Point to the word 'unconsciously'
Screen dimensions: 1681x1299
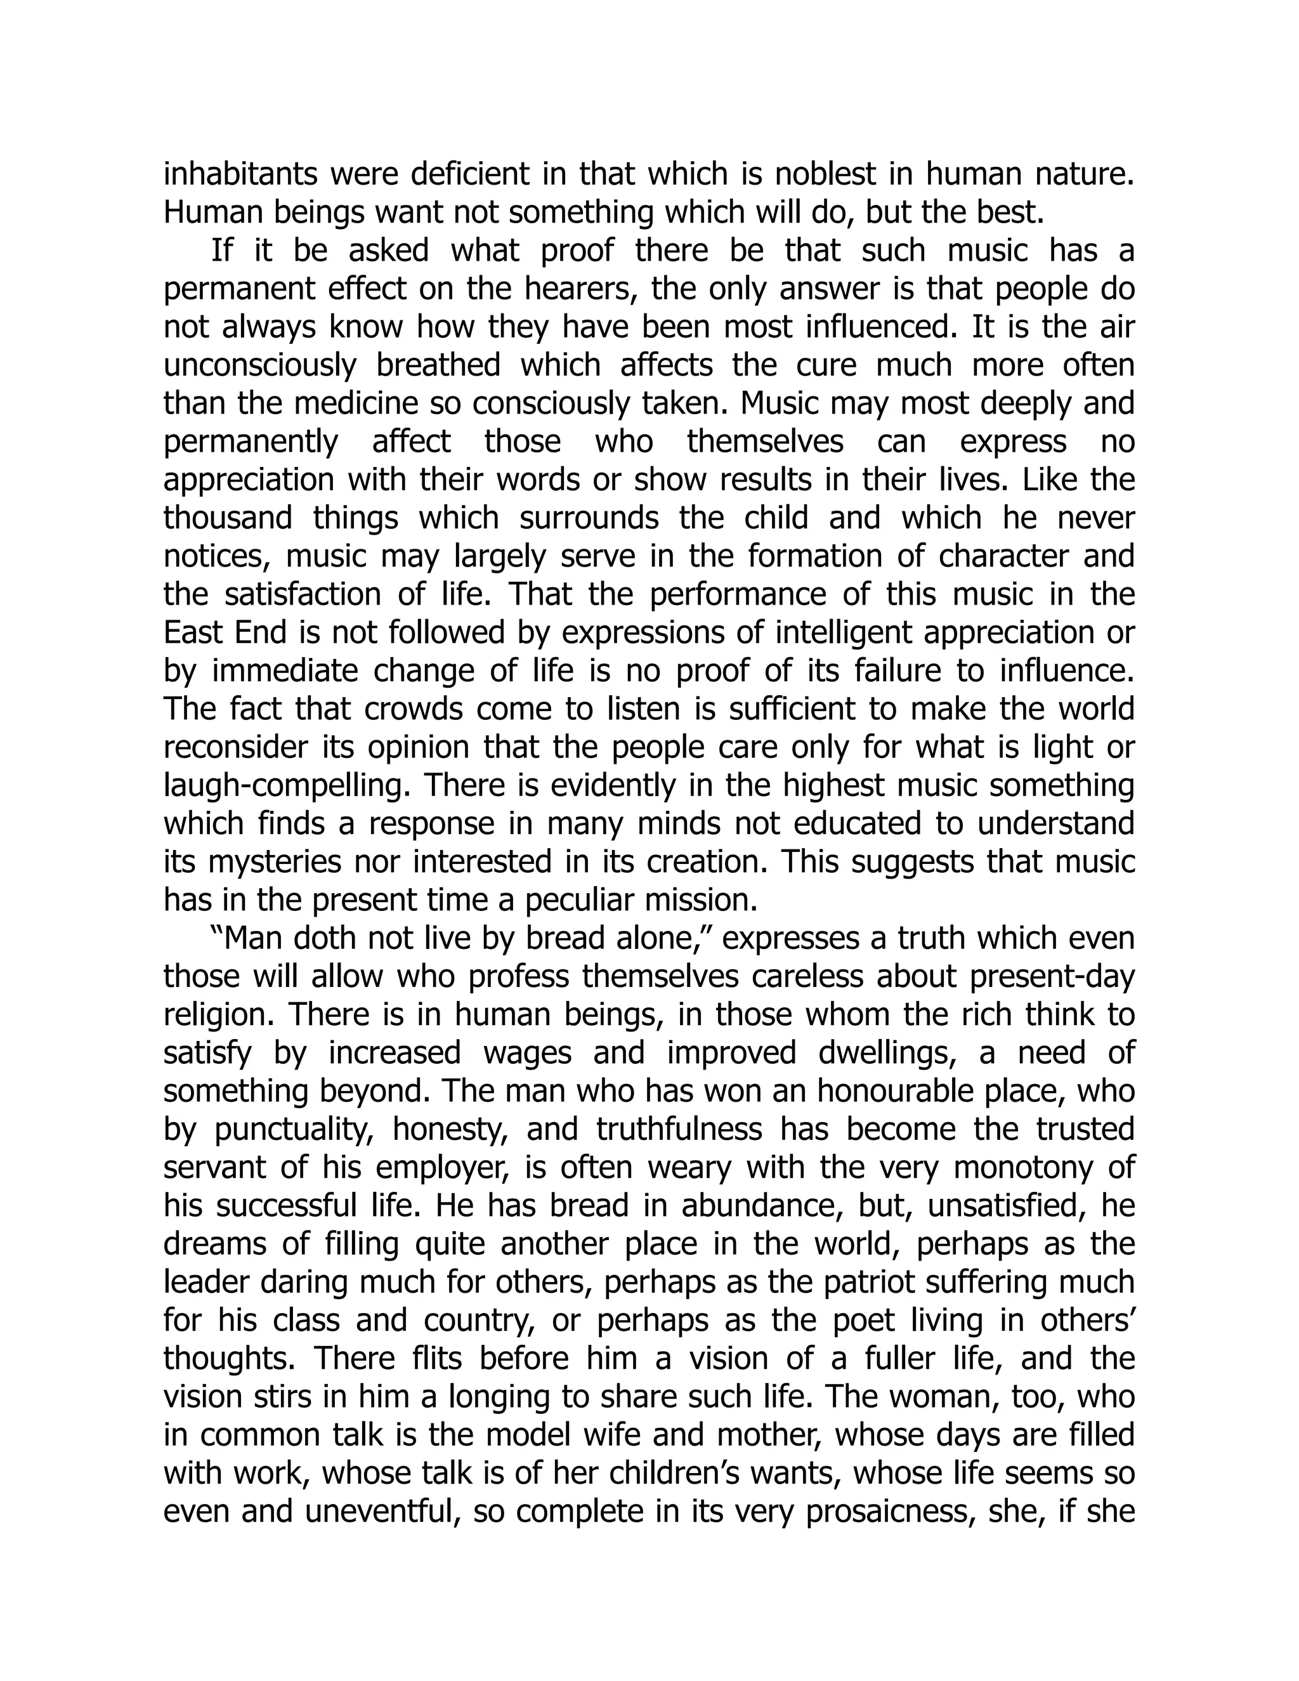click(x=260, y=365)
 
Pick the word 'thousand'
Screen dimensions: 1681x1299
click(x=228, y=518)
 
